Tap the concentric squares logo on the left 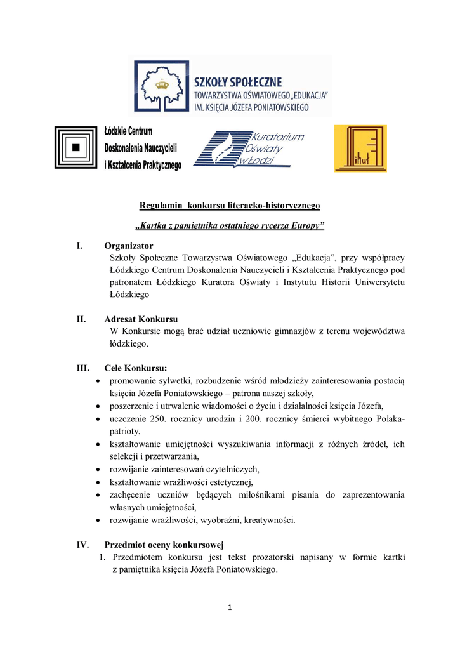click(x=76, y=147)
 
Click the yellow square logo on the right click(x=360, y=149)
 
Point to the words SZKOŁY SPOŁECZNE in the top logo click(x=238, y=82)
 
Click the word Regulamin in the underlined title click(x=160, y=206)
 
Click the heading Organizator click(x=128, y=246)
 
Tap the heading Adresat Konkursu click(x=141, y=319)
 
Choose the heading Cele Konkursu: click(x=136, y=368)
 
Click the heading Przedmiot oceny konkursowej click(x=163, y=545)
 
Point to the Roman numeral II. click(x=81, y=319)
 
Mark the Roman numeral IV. click(x=82, y=545)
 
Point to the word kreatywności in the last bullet click(x=270, y=520)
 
